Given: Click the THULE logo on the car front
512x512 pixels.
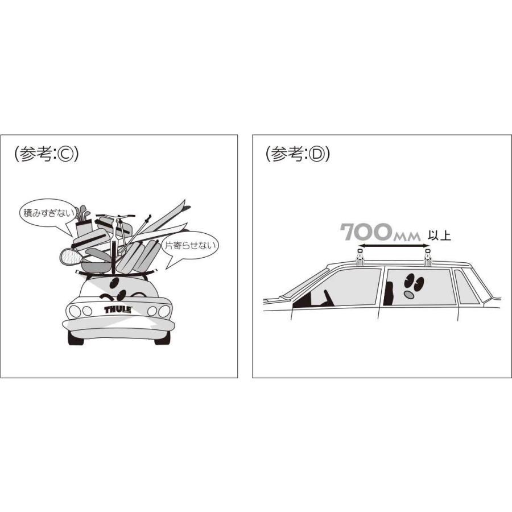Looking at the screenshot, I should coord(118,310).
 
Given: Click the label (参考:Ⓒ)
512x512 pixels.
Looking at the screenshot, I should coord(46,154).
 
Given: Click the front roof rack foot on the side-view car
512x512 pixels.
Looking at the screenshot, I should coord(360,257).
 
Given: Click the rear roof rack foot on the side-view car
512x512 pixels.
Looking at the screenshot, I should coord(427,257).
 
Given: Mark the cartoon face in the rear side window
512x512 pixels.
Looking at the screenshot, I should coord(411,285).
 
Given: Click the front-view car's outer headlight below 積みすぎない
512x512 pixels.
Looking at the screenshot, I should coord(75,311).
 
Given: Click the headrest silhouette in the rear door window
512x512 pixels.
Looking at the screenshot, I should coord(390,293).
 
